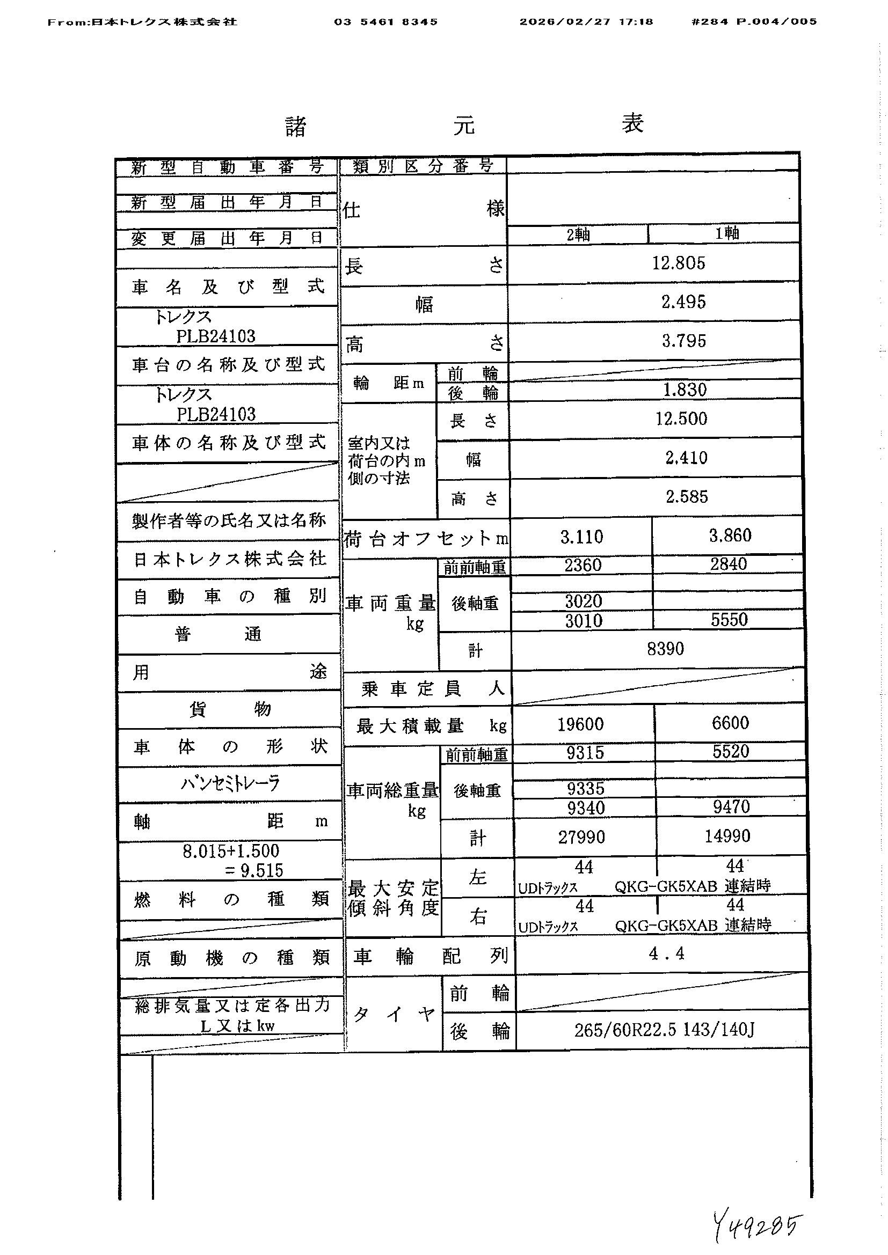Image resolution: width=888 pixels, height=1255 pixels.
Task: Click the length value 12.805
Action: point(678,263)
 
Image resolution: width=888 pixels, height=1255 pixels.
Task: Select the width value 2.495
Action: point(683,302)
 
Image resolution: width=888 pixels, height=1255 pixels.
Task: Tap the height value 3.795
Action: point(683,341)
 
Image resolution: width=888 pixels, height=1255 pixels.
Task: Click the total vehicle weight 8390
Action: point(665,649)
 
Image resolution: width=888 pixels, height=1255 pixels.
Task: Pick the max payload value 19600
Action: point(580,724)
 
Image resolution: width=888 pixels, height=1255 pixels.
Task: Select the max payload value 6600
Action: point(730,723)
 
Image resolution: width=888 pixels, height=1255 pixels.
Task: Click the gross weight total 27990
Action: point(581,837)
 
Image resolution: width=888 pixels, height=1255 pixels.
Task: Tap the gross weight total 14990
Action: point(727,836)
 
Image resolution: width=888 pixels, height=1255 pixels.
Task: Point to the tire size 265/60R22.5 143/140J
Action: point(664,1030)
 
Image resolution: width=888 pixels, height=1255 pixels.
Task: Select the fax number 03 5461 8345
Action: point(385,22)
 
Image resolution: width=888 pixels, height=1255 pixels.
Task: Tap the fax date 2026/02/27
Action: point(564,22)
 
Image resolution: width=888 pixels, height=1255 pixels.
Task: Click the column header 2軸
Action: point(578,234)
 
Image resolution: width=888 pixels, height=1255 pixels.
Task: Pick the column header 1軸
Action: point(727,233)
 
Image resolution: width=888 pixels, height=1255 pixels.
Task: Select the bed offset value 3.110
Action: point(581,537)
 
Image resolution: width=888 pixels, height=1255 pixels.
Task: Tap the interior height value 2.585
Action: point(686,497)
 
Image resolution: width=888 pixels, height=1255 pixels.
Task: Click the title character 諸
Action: point(296,127)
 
